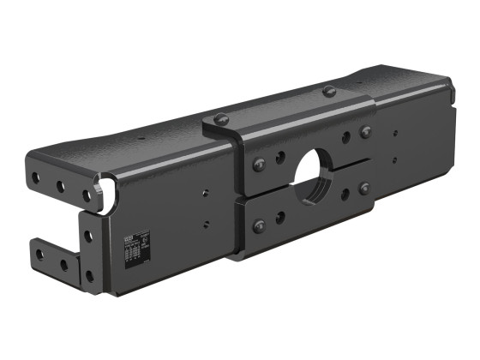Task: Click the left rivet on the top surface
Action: point(221,118)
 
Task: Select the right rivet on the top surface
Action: point(329,91)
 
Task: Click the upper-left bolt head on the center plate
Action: point(259,164)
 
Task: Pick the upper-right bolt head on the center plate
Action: point(366,132)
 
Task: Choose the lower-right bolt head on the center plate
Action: point(365,188)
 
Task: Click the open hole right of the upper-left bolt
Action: point(280,157)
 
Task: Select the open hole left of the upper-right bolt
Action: point(345,137)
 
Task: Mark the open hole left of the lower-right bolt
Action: point(345,195)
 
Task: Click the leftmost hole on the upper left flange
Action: point(36,180)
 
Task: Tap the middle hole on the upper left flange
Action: point(61,186)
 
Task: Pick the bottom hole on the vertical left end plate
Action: point(89,276)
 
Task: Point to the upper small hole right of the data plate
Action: point(206,194)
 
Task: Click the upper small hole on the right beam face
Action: point(394,133)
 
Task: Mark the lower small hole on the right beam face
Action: point(394,160)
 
